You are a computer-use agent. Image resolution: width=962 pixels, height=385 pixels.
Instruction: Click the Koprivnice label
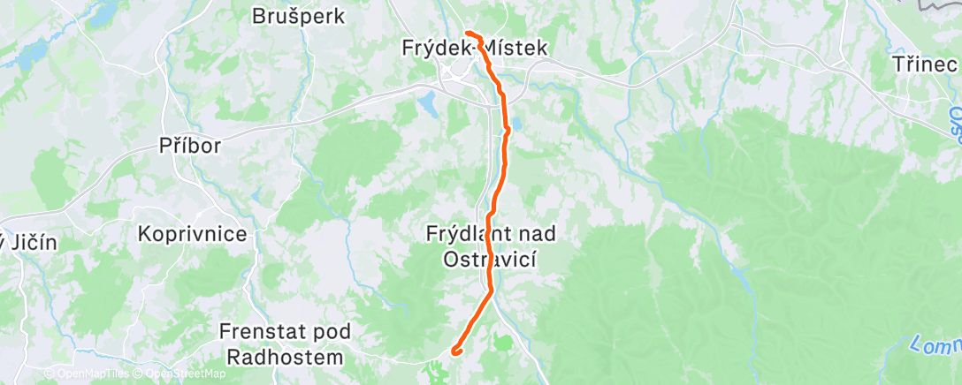tap(192, 235)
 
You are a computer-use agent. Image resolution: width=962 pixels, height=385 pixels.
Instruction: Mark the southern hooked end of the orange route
tap(454, 351)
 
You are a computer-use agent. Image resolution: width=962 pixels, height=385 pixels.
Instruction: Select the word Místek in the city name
tap(517, 49)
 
